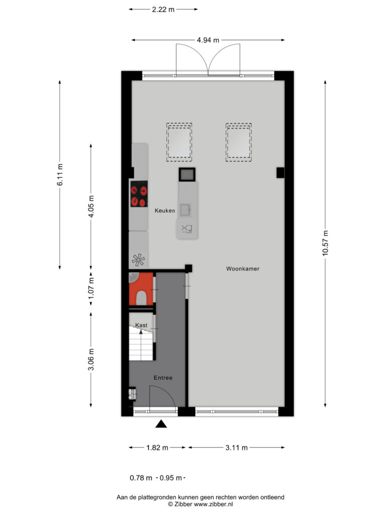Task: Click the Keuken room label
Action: pos(164,211)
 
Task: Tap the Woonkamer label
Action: pos(243,269)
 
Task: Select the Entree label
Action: pos(163,378)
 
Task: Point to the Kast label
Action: pos(141,325)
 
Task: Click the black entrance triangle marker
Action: pos(161,424)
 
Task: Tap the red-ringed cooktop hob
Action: pos(139,194)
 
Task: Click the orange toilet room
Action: pos(141,289)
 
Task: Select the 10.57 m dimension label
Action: pos(325,243)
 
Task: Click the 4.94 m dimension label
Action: pos(208,40)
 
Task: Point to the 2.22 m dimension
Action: pos(163,10)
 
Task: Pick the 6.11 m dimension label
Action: pos(60,175)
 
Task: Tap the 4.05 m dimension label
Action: pos(91,206)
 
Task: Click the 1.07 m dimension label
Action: pos(91,288)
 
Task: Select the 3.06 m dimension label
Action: pos(91,360)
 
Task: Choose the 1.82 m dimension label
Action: pos(157,447)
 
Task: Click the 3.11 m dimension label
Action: pos(237,447)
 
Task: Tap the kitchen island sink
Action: pos(185,210)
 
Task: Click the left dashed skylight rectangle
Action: pos(179,142)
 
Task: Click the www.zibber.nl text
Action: pos(213,504)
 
